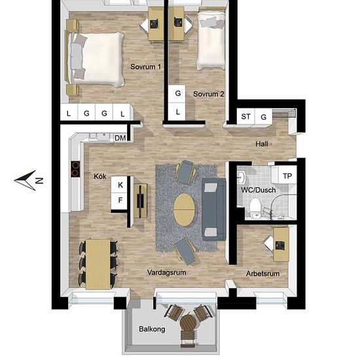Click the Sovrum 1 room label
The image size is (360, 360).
[146, 67]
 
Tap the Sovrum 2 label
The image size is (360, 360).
[208, 94]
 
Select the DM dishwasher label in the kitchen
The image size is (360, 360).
[120, 138]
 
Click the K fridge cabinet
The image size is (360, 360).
[119, 185]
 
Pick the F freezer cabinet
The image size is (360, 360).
[119, 201]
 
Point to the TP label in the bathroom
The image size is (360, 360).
[287, 176]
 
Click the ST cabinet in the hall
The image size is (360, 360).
[245, 117]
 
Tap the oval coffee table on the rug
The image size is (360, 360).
[184, 210]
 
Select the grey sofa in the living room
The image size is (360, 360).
[214, 209]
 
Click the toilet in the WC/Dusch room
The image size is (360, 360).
[255, 208]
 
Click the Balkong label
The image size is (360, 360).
[152, 329]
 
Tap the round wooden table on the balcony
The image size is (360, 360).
[189, 322]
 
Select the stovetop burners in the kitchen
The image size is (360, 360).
[75, 169]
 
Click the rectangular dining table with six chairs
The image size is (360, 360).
[98, 264]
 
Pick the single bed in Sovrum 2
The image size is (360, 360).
[211, 41]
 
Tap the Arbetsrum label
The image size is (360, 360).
[262, 274]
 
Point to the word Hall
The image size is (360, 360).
[262, 144]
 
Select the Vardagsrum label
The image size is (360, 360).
[166, 273]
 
